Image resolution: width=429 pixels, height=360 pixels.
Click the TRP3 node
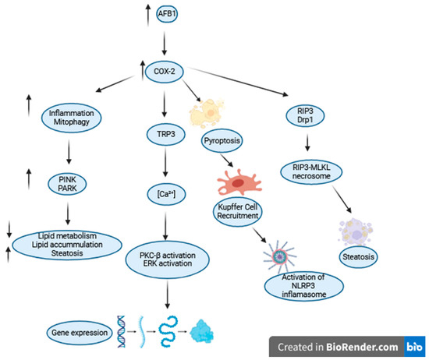click(165, 133)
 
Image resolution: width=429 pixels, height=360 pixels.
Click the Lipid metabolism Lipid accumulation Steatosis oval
click(70, 242)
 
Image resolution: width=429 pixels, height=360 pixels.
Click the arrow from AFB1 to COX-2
click(165, 41)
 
